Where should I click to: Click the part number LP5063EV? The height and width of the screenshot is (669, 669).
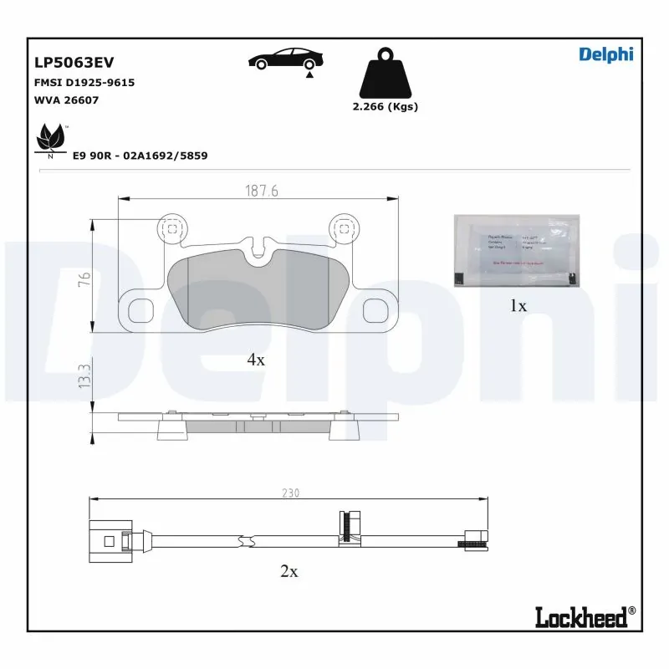click(x=74, y=62)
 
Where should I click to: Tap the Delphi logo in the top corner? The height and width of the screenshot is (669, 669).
click(x=605, y=54)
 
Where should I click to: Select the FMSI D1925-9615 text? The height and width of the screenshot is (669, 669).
click(x=84, y=83)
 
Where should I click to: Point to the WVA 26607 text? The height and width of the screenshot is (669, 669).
click(x=66, y=100)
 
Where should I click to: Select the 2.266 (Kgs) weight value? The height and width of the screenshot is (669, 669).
click(x=385, y=106)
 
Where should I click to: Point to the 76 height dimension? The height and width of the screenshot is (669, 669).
click(x=84, y=280)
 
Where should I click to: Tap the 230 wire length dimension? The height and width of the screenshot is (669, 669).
click(x=289, y=493)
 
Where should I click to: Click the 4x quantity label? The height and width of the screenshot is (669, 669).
click(x=255, y=360)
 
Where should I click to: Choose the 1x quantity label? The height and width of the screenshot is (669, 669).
click(x=518, y=306)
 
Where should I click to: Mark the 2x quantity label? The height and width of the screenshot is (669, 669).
click(x=289, y=572)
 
